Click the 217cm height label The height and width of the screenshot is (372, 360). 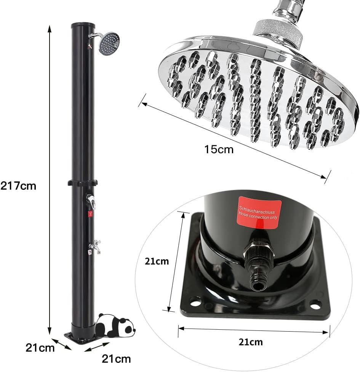pos(18,186)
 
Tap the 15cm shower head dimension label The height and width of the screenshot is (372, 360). pos(219,149)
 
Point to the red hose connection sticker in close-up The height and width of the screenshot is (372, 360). pos(259,212)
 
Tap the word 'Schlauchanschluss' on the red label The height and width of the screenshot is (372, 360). pos(257,210)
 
